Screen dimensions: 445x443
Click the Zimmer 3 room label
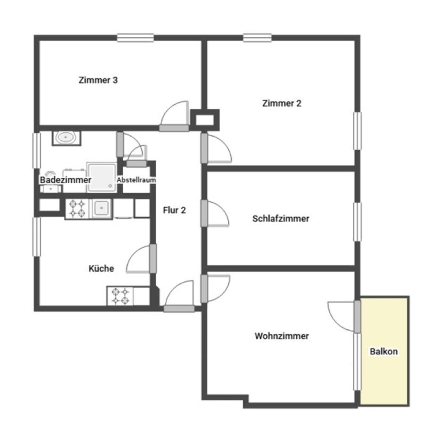(98, 80)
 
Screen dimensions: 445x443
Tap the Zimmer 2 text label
(281, 104)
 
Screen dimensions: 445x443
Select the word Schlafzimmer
(281, 218)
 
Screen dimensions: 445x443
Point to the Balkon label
(384, 352)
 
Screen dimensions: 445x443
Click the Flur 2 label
(174, 210)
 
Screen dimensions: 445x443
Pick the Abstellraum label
(136, 180)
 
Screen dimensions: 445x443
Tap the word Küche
(101, 268)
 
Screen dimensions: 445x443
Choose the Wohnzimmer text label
(281, 336)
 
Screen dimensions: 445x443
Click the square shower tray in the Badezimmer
(101, 177)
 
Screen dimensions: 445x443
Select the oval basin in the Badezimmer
(66, 138)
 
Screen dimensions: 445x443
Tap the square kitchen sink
(101, 208)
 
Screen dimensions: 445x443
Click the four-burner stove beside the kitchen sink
(77, 209)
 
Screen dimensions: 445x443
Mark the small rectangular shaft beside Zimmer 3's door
(205, 120)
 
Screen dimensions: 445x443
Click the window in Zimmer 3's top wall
(136, 38)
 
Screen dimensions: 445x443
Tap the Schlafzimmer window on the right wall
(357, 222)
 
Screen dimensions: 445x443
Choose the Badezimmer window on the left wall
(37, 151)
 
